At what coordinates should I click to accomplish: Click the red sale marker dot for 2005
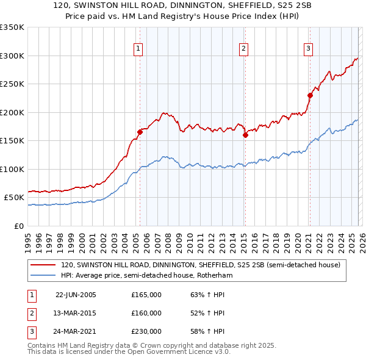coord(140,132)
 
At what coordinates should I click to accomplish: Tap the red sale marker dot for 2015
coord(245,135)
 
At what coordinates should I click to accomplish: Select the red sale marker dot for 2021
coord(310,95)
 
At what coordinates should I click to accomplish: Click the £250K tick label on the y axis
coord(12,84)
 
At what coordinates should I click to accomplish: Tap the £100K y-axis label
coord(12,169)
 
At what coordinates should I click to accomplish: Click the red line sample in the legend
coord(43,265)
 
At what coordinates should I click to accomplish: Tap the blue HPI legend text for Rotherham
coord(146,276)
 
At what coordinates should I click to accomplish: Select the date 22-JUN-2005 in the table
coord(76,295)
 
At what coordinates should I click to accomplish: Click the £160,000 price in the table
coord(146,313)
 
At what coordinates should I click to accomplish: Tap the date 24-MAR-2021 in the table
coord(76,331)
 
